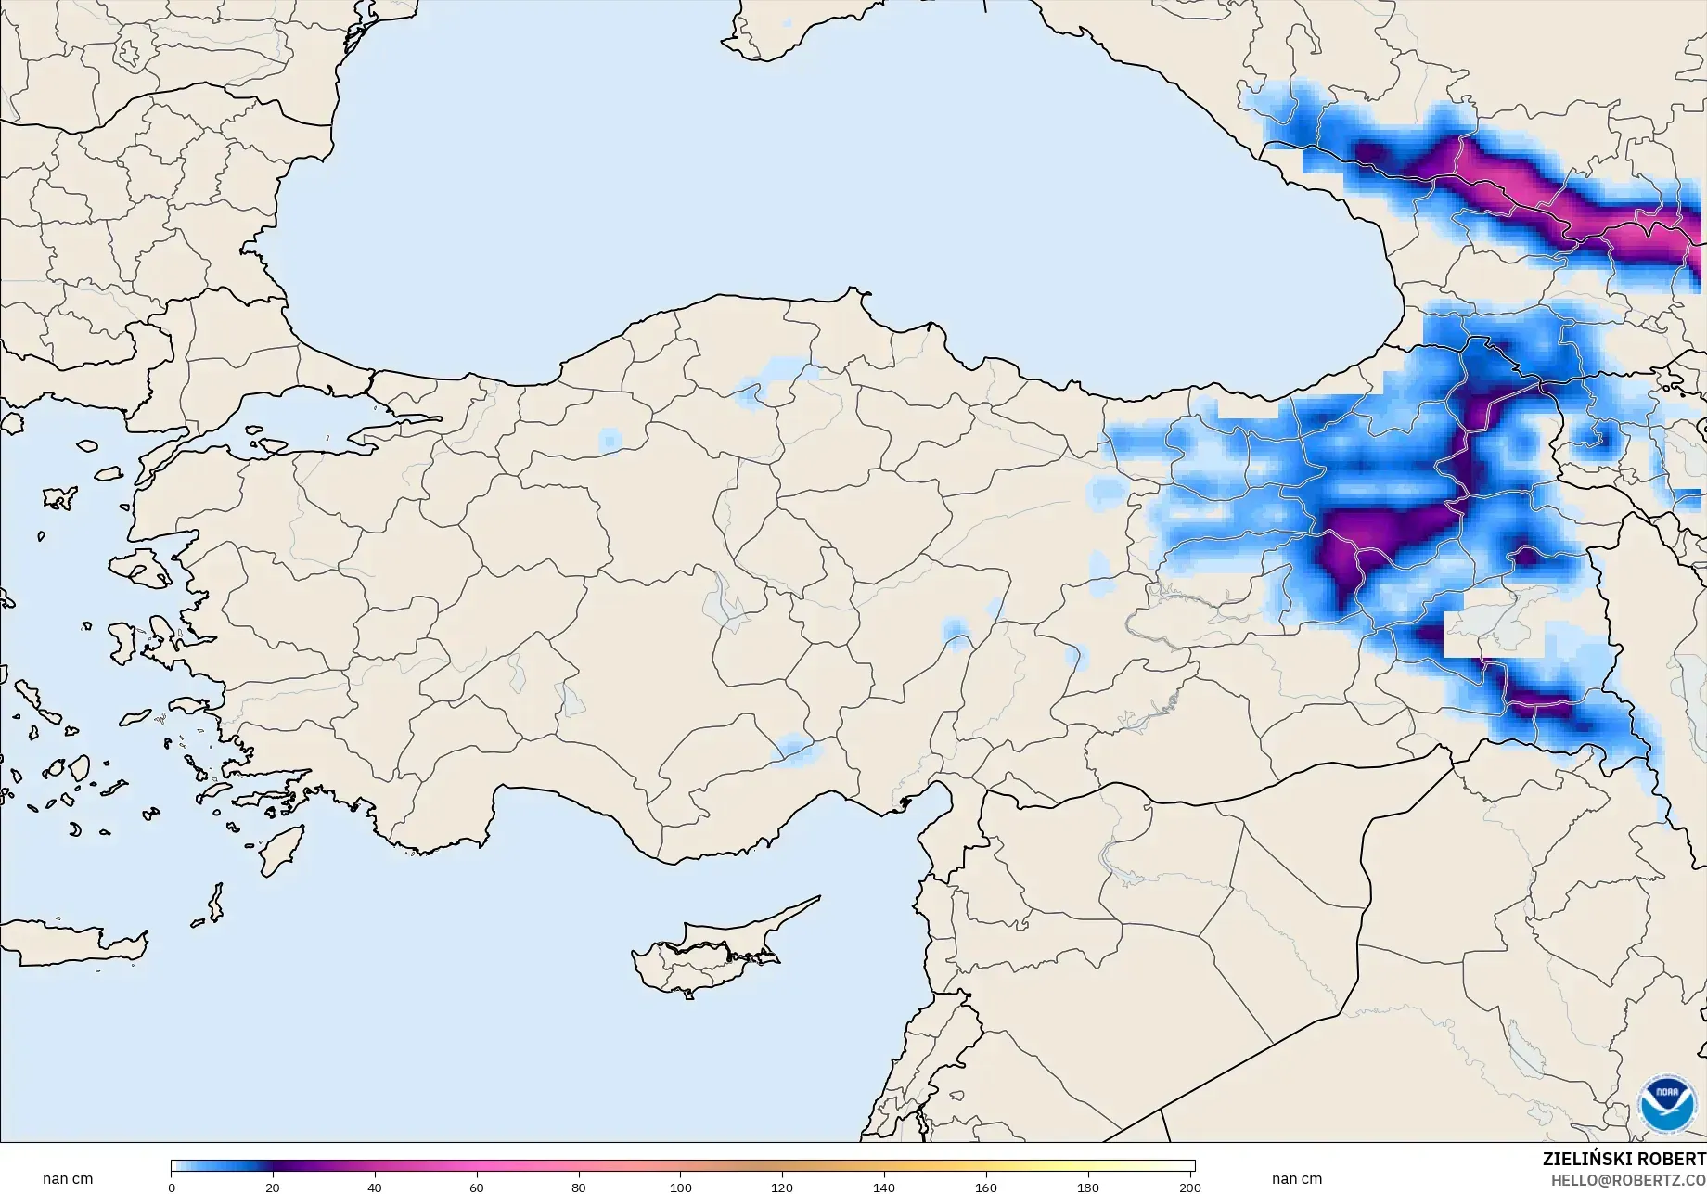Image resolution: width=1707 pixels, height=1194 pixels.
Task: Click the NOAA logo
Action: (1667, 1103)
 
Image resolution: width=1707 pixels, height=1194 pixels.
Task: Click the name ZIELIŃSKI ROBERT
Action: (1624, 1160)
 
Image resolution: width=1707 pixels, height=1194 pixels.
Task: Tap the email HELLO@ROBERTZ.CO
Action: (1629, 1180)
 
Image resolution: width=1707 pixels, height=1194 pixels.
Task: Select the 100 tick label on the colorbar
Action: (681, 1188)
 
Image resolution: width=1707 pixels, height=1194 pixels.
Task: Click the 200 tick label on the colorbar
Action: (1190, 1188)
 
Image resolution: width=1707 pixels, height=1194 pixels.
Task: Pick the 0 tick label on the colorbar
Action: (172, 1188)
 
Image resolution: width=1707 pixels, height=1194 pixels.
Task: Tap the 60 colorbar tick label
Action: (477, 1188)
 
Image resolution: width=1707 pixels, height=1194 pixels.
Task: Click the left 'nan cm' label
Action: (68, 1179)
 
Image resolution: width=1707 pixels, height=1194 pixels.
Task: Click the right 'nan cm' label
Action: (1297, 1179)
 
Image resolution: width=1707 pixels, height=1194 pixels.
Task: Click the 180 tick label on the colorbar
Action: (1088, 1188)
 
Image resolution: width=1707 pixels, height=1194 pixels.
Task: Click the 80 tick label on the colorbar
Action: (579, 1188)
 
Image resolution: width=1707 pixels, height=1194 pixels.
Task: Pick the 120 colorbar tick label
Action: (782, 1188)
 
